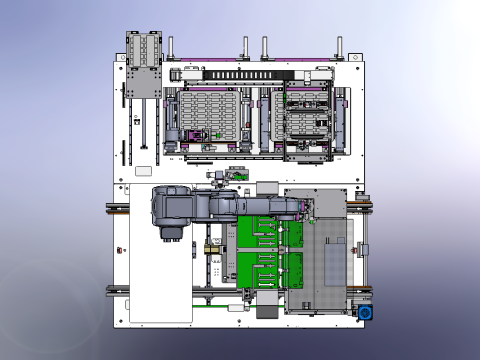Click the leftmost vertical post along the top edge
(x=172, y=48)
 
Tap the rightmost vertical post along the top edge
(x=340, y=48)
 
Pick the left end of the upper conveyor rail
(x=113, y=208)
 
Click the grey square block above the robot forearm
(x=267, y=187)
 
